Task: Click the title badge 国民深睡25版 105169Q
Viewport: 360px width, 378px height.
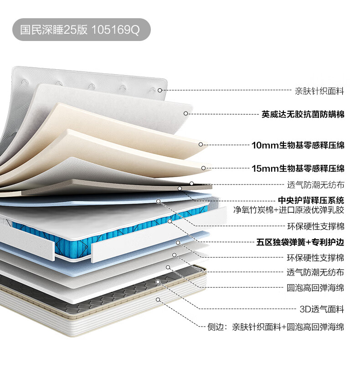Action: click(x=81, y=30)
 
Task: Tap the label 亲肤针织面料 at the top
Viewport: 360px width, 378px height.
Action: click(x=319, y=91)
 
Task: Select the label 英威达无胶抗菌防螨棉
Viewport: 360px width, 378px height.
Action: click(x=303, y=114)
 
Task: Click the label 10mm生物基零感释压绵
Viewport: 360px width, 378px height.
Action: click(x=298, y=146)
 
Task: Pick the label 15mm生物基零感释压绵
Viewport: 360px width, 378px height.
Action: click(x=298, y=169)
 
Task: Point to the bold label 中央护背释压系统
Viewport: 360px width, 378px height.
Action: click(x=311, y=200)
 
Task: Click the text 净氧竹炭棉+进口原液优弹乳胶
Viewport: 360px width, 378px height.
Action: click(x=289, y=210)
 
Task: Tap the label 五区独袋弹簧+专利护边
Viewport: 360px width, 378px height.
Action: click(x=300, y=241)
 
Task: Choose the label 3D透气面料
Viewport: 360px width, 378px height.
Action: click(x=322, y=309)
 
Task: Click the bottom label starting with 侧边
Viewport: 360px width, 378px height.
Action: click(x=276, y=327)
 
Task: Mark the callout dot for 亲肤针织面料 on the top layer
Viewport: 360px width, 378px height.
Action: click(x=160, y=90)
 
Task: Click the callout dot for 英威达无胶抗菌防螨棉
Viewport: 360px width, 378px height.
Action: click(x=185, y=113)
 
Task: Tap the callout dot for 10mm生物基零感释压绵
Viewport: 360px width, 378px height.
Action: click(x=201, y=144)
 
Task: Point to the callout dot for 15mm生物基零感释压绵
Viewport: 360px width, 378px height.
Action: click(x=203, y=168)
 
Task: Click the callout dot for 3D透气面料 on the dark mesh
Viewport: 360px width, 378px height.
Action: click(x=158, y=282)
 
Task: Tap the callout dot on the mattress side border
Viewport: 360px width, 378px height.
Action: click(x=158, y=299)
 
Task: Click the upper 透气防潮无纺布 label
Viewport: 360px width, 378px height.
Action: click(x=315, y=185)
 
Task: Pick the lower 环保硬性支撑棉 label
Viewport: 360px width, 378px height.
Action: click(x=315, y=258)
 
